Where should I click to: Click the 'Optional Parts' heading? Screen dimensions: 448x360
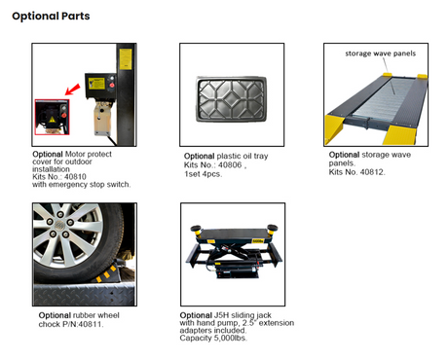51,16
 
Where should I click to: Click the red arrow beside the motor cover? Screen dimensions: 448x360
73,90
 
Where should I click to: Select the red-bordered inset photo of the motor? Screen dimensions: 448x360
52,117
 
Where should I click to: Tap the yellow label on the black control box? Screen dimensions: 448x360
96,84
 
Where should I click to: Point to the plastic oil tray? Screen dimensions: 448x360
232,99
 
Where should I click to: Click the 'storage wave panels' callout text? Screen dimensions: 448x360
381,54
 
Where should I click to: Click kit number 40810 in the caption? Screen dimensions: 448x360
75,177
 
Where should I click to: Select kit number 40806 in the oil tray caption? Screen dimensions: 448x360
230,165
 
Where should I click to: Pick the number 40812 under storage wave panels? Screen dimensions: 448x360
372,172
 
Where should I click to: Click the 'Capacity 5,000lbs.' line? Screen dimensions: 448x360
213,339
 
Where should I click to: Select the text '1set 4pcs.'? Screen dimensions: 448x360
204,174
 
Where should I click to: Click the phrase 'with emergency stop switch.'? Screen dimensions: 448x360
81,185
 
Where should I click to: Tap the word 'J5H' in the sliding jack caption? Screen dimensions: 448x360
221,315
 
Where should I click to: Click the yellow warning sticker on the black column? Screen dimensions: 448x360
126,59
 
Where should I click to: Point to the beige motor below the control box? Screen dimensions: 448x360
102,118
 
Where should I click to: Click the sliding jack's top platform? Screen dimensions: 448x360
234,234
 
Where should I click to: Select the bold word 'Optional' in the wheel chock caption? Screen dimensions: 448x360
55,315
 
